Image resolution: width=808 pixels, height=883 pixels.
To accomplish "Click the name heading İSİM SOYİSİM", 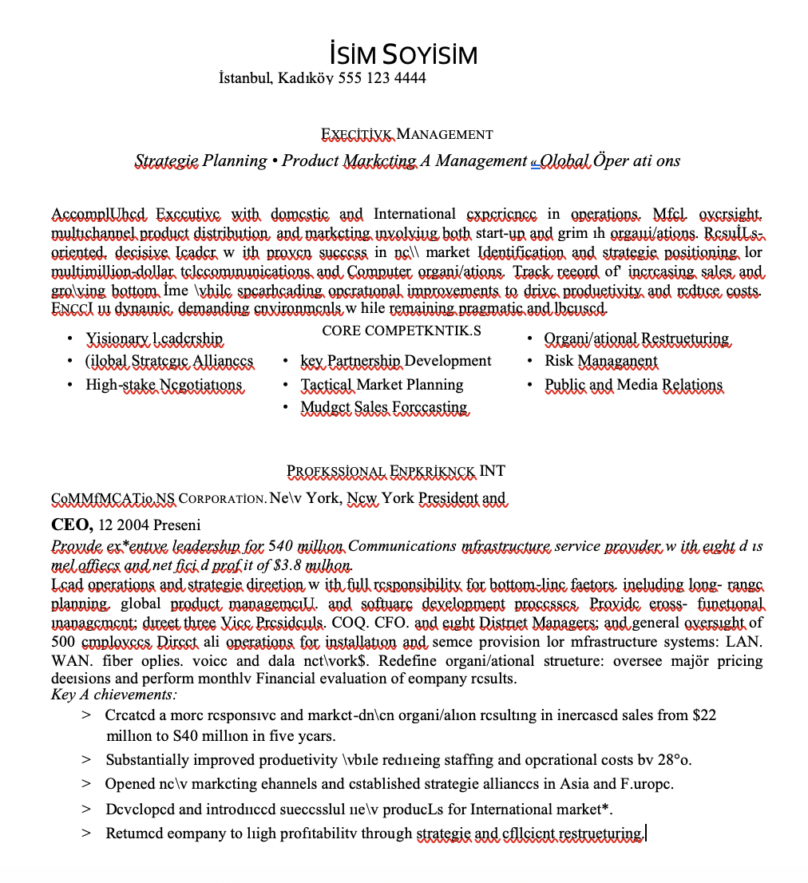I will (403, 55).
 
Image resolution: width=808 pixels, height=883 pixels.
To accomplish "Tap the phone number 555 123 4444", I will (382, 78).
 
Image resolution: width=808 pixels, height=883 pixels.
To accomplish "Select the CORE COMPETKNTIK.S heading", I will (402, 331).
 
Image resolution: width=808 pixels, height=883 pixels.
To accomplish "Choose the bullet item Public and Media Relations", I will (633, 385).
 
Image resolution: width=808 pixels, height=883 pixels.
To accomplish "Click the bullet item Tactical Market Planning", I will (382, 385).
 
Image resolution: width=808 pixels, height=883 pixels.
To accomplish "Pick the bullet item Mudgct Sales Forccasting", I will (383, 407).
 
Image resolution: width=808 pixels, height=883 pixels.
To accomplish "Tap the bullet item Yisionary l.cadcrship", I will (154, 339).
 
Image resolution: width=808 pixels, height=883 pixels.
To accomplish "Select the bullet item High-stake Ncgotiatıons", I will (164, 385).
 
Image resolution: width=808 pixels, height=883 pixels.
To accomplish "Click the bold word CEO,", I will (73, 525).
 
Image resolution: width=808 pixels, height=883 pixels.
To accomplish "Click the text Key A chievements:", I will (114, 695).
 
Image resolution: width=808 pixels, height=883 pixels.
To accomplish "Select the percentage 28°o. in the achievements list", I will (675, 760).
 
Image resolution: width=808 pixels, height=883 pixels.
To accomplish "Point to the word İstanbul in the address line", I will (246, 78).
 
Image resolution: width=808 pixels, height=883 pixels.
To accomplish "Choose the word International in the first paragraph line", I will (414, 214).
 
